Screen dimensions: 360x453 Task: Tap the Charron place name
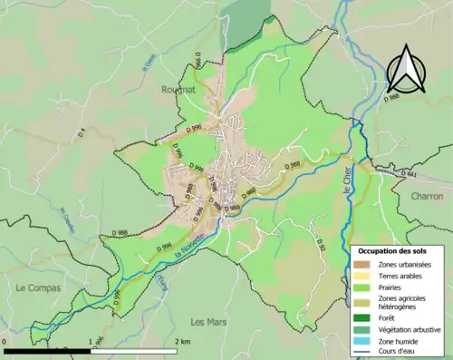pyautogui.click(x=426, y=195)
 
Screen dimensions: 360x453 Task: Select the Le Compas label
pyautogui.click(x=36, y=287)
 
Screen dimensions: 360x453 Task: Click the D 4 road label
pyautogui.click(x=82, y=132)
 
